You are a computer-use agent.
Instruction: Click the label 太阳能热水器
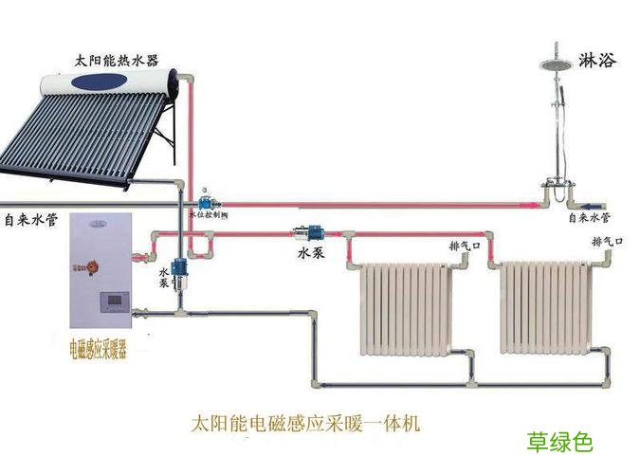[119, 59]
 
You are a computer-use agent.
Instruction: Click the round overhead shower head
[555, 64]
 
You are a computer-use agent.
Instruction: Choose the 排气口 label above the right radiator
[607, 242]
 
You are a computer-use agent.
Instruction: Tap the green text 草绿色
[559, 442]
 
